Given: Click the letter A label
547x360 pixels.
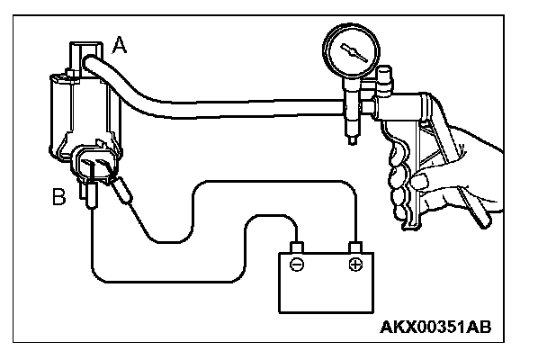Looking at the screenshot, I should (x=120, y=45).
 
